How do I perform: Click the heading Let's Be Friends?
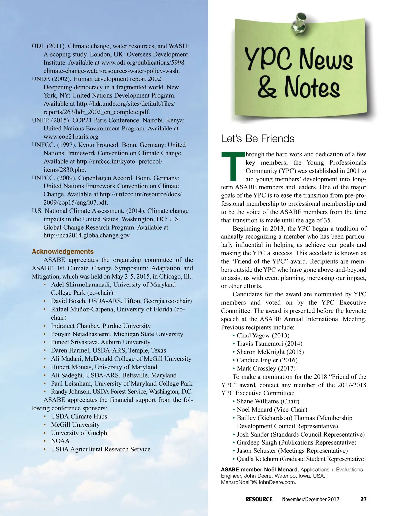(x=257, y=138)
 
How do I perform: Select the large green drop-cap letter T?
(x=233, y=167)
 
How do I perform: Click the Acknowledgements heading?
(x=63, y=251)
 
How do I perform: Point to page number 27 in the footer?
(x=364, y=499)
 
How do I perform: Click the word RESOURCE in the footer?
(x=259, y=499)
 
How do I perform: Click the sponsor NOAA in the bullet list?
(x=60, y=441)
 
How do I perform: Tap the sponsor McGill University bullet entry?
(x=75, y=425)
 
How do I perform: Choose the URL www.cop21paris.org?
(x=72, y=137)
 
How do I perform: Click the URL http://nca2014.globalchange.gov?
(x=87, y=235)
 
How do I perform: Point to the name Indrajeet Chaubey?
(x=75, y=326)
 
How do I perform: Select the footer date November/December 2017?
(x=310, y=499)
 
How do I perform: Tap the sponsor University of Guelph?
(x=79, y=433)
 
